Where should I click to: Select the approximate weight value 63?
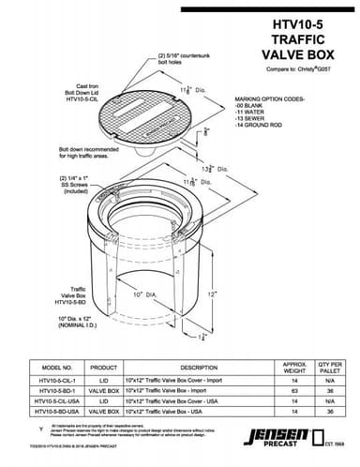pos(293,391)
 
